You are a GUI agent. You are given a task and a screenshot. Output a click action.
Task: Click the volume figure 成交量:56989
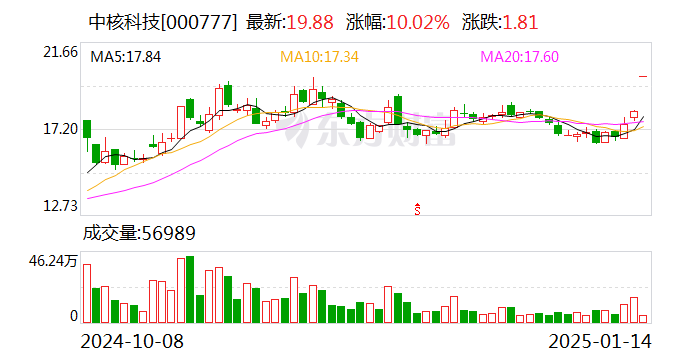[139, 233]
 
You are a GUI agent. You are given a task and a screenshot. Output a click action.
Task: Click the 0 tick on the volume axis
[73, 316]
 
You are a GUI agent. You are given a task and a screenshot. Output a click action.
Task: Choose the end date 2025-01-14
[599, 340]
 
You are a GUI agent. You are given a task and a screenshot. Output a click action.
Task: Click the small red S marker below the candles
[417, 208]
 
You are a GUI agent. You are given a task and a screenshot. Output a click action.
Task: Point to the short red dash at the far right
[644, 76]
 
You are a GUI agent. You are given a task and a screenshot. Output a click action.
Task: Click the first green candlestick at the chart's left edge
[87, 130]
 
